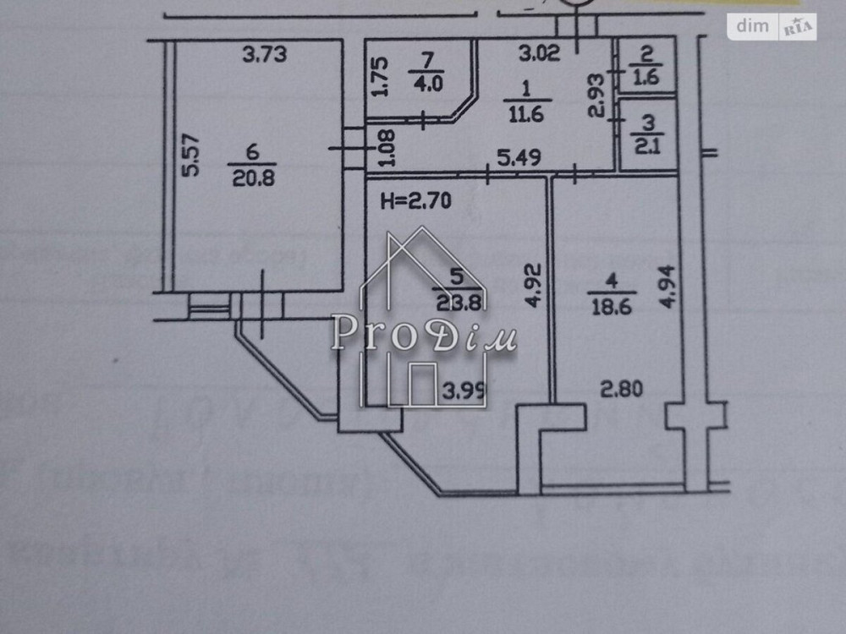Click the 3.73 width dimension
[265, 56]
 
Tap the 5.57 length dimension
[192, 156]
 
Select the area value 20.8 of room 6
[252, 176]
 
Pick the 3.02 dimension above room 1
[539, 56]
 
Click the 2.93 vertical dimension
[596, 95]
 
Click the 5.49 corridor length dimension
[517, 157]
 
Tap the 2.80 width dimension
[622, 390]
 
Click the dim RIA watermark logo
[775, 26]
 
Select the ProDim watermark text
[423, 332]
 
